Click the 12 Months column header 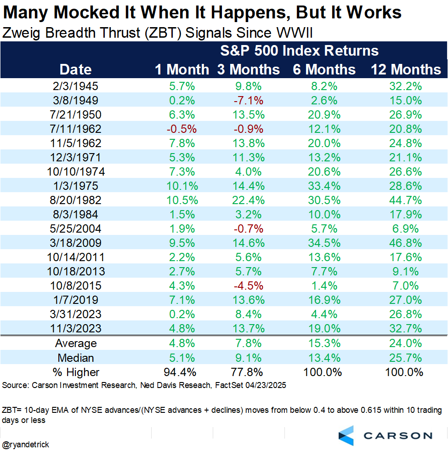point(406,69)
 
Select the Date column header point(75,69)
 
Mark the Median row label point(75,358)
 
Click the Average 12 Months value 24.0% point(406,343)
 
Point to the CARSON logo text point(398,435)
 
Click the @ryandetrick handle point(26,445)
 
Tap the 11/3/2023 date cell point(75,329)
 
